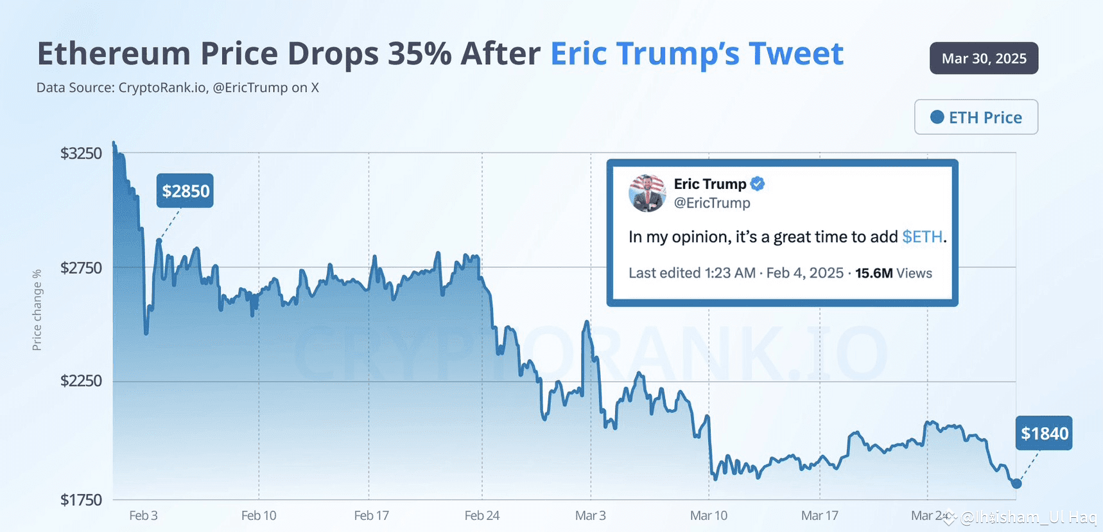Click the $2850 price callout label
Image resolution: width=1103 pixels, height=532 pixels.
pos(185,191)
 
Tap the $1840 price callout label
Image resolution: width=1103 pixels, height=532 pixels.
pos(1044,434)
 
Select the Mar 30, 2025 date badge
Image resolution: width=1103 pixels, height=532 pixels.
pos(984,58)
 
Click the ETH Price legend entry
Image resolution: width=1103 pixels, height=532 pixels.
pos(976,118)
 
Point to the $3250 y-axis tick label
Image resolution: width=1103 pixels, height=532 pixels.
pos(81,154)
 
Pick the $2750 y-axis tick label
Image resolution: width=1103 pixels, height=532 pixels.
pos(81,268)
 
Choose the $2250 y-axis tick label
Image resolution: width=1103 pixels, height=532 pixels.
pos(81,381)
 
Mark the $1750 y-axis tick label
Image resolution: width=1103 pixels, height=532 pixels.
pos(81,500)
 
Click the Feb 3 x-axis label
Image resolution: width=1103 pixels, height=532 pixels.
pos(143,515)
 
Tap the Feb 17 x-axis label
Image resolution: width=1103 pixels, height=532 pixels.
pos(372,515)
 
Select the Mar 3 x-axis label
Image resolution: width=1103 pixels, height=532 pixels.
pos(590,515)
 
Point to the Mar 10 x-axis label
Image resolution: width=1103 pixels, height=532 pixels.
pos(709,515)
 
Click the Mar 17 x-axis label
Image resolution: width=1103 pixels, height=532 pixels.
pos(820,515)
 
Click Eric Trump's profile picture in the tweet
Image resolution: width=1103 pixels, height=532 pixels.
pos(647,193)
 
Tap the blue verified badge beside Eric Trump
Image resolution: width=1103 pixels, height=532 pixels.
pos(758,184)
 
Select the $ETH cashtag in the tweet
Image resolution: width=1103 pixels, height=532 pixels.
pos(922,237)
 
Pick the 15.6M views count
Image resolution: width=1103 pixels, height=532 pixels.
pos(874,273)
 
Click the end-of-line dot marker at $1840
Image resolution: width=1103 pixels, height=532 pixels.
pos(1016,483)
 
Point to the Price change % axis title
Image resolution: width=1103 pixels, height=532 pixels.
pos(37,310)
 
